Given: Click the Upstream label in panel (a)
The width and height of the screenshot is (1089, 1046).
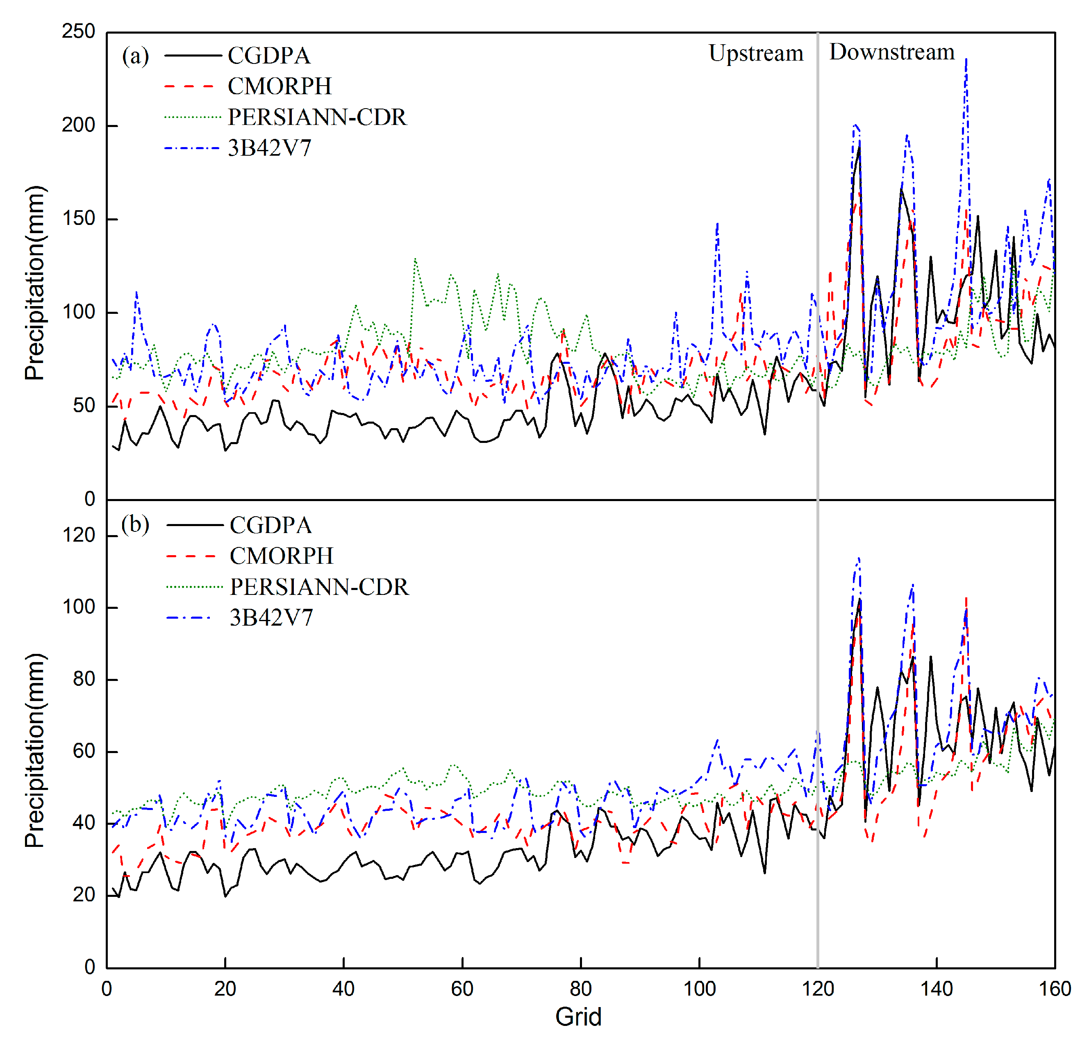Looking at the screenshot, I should (756, 53).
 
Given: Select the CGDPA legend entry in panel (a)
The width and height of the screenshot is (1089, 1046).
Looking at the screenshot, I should (269, 56).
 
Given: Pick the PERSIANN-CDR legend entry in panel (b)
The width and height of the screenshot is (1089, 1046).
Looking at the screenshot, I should (319, 587).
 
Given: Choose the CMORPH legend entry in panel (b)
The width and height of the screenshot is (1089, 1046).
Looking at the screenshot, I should (281, 556).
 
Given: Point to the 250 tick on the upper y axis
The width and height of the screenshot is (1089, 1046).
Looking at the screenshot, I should (78, 31).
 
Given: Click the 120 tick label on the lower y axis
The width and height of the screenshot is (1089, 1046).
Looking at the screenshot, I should (78, 535).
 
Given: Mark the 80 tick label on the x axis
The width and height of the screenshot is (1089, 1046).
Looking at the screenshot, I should (581, 988).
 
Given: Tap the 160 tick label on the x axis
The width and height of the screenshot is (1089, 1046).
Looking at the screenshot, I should (1054, 988).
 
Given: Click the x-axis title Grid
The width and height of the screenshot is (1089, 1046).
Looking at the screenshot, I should (578, 1017).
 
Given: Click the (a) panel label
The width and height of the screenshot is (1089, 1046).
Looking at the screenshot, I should (135, 56).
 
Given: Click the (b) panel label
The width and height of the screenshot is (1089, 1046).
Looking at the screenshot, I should (135, 524).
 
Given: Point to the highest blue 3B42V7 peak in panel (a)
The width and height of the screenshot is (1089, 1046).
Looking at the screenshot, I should (966, 59).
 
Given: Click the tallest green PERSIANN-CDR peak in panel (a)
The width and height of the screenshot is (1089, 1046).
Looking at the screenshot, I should (415, 259).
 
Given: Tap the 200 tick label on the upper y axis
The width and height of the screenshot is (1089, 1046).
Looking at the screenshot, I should (78, 125).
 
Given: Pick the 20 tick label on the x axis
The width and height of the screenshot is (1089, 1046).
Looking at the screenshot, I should (225, 988).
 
